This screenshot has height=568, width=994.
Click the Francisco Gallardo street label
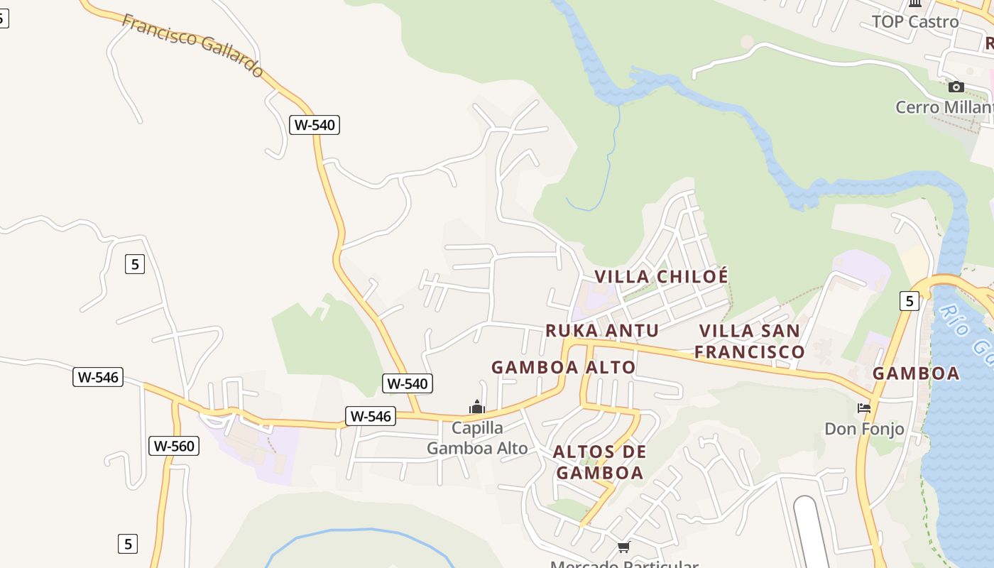click(192, 45)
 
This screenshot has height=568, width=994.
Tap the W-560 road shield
click(174, 446)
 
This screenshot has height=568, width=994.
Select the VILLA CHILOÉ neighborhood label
click(661, 276)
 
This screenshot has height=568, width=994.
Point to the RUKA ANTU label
click(602, 330)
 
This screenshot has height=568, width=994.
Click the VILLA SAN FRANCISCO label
click(750, 341)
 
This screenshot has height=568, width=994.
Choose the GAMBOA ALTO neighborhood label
click(563, 367)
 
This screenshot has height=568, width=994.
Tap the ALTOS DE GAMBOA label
click(600, 462)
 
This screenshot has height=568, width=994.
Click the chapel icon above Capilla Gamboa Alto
click(477, 407)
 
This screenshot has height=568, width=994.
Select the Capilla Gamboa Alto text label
click(477, 438)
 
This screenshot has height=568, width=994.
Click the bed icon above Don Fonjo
click(864, 408)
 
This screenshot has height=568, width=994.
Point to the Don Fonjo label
click(864, 429)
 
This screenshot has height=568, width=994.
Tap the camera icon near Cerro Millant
click(956, 87)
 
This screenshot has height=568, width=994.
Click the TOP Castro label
click(915, 21)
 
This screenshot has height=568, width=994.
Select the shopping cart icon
click(624, 547)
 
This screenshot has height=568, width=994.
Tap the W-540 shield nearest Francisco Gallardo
click(315, 125)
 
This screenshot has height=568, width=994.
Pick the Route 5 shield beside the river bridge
click(909, 301)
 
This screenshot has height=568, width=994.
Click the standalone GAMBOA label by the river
click(916, 373)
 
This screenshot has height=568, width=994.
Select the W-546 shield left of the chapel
click(370, 416)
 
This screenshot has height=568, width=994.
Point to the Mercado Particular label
click(624, 564)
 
